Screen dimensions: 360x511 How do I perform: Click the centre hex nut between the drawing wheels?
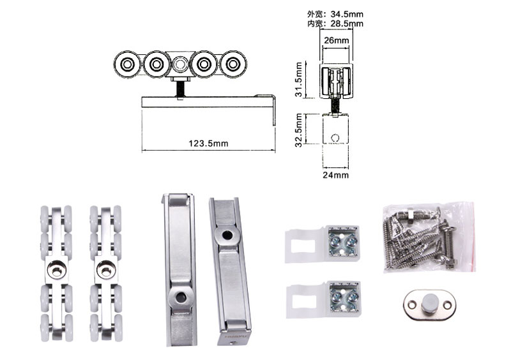tap(179, 64)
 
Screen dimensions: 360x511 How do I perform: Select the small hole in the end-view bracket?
tap(335, 136)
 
